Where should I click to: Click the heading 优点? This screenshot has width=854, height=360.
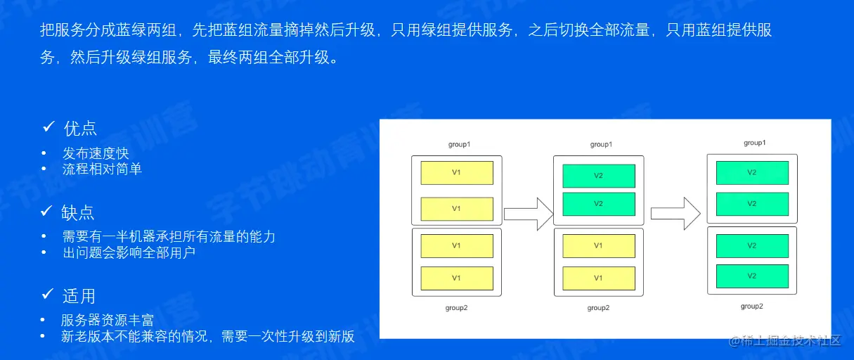pyautogui.click(x=80, y=128)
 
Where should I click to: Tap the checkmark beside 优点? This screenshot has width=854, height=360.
pyautogui.click(x=48, y=127)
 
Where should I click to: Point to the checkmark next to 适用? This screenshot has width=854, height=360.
pyautogui.click(x=48, y=295)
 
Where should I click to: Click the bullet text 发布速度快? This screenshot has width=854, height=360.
pyautogui.click(x=96, y=153)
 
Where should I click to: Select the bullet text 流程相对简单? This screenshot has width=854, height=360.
pyautogui.click(x=102, y=169)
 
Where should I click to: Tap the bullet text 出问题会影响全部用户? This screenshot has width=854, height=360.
pyautogui.click(x=129, y=252)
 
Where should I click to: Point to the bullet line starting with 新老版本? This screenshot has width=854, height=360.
pyautogui.click(x=208, y=336)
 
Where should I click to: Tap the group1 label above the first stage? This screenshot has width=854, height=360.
pyautogui.click(x=459, y=144)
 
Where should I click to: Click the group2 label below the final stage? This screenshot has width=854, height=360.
pyautogui.click(x=751, y=306)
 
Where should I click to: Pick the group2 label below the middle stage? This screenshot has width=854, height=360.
pyautogui.click(x=598, y=308)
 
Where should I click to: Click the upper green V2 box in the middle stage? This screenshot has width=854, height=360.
pyautogui.click(x=598, y=176)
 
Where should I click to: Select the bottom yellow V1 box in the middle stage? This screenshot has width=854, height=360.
pyautogui.click(x=598, y=278)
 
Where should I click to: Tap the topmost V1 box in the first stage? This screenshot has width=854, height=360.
pyautogui.click(x=456, y=173)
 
